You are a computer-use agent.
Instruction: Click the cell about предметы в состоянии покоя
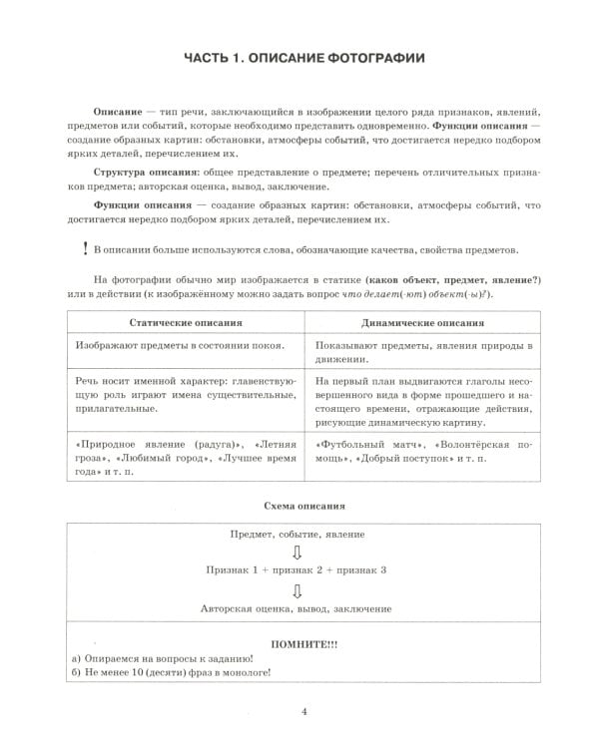point(180,346)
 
